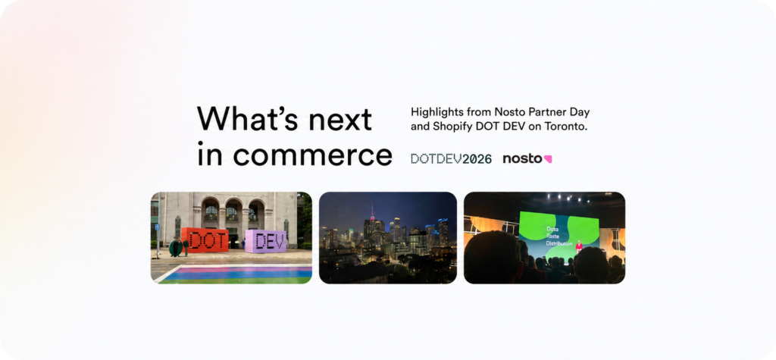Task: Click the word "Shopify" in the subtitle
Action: coord(449,127)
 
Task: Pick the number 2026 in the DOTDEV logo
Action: coord(478,159)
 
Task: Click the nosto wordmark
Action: coord(522,159)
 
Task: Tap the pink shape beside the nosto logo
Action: coord(548,159)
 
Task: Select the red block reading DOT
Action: coord(205,240)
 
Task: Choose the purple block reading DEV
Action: coord(266,241)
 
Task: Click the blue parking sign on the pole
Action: coord(158,227)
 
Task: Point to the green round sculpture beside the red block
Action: coord(175,246)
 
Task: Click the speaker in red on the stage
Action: coord(578,246)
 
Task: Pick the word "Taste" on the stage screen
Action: coord(552,236)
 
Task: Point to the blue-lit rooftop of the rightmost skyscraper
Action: coord(442,221)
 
